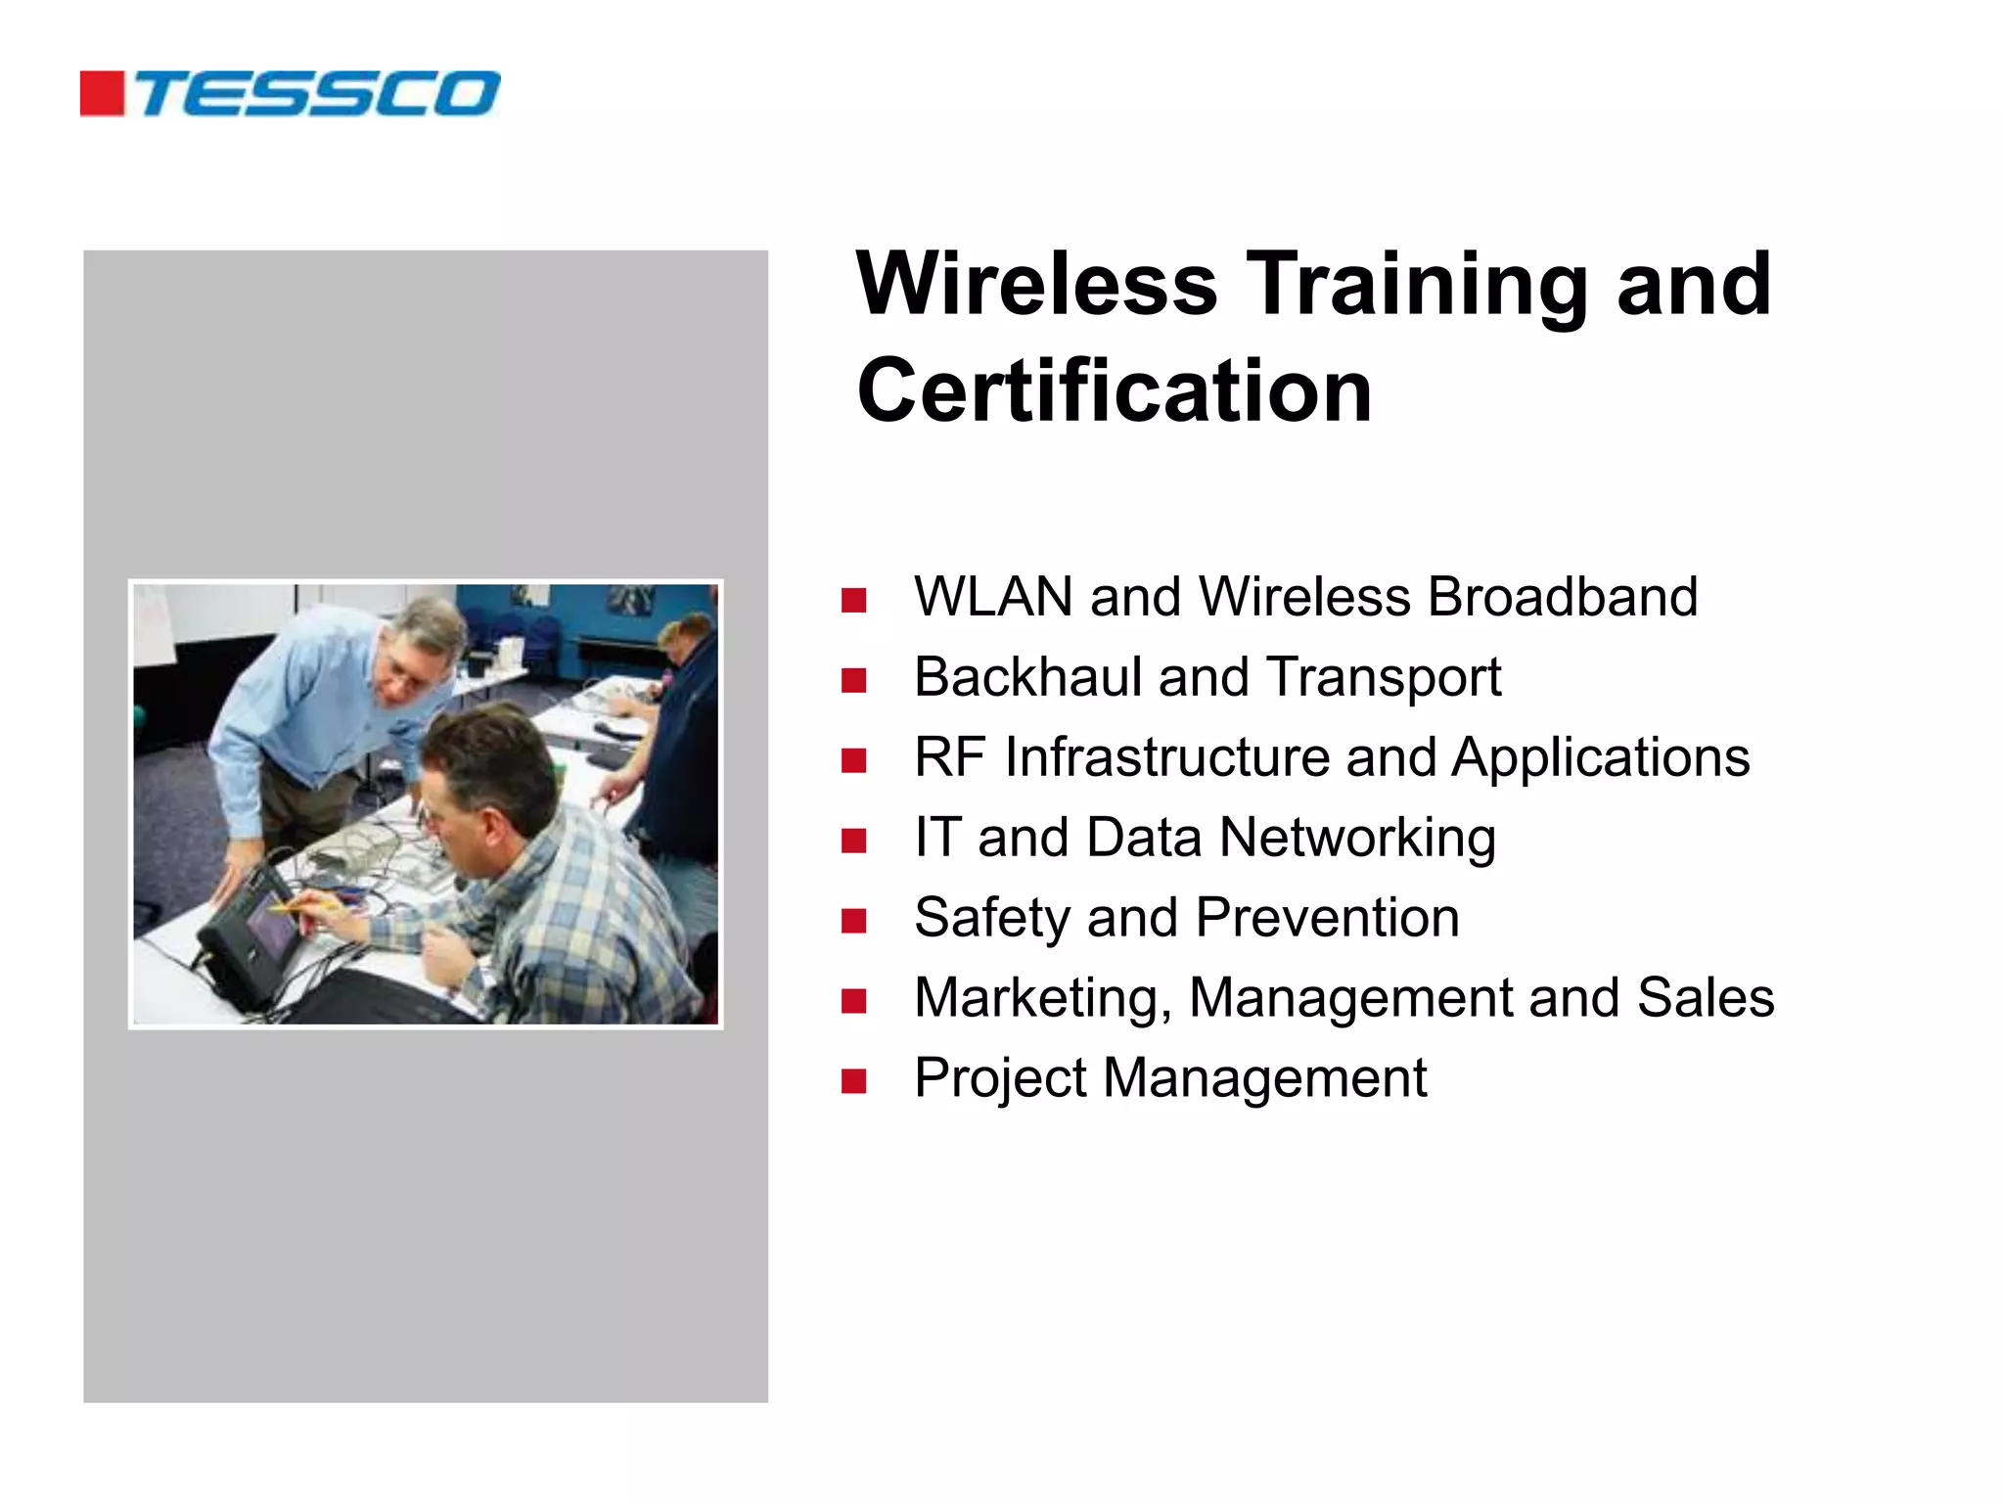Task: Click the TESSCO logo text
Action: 318,94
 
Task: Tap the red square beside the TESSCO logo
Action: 102,94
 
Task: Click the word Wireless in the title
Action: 1036,285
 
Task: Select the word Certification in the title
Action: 1115,391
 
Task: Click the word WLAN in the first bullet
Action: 993,597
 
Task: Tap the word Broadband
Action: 1563,597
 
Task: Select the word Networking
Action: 1357,838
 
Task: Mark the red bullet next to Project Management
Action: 853,1081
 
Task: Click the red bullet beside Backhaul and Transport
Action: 853,680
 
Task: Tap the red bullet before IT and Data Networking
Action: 853,841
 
